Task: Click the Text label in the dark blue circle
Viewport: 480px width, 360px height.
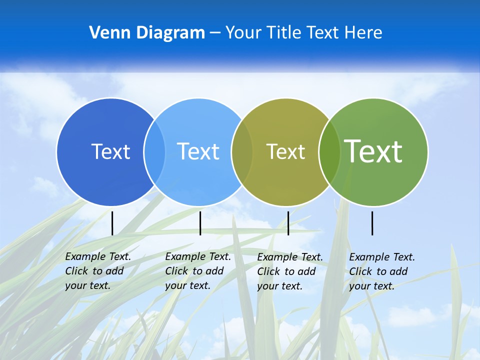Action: [110, 151]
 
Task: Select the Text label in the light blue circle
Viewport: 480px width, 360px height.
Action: [198, 151]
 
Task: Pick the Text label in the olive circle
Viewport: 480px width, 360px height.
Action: [285, 151]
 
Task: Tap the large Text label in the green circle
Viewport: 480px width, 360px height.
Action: [373, 151]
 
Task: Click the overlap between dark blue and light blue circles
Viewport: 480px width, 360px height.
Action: [154, 151]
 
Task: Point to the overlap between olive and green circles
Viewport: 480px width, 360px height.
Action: [329, 151]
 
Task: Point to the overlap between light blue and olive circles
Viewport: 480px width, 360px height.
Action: [242, 151]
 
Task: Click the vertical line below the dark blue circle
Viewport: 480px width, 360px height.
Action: [112, 223]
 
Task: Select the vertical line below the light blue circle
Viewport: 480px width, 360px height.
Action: [200, 223]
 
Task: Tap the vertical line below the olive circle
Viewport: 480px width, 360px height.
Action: [288, 223]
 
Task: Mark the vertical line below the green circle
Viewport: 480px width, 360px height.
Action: [372, 223]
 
